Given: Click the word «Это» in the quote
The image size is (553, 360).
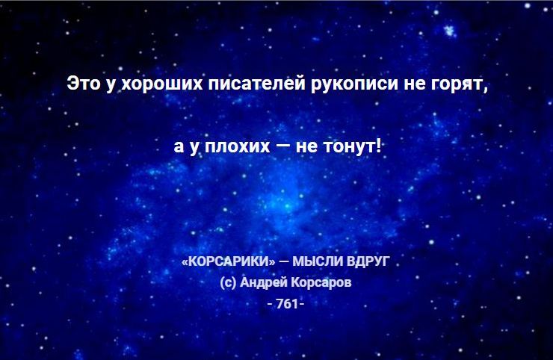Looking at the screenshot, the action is click(x=83, y=83).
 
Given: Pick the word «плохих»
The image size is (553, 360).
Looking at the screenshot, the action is click(x=238, y=146).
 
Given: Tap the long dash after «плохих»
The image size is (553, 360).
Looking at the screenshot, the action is click(x=282, y=146).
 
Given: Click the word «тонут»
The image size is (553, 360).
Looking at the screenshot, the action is click(x=350, y=146).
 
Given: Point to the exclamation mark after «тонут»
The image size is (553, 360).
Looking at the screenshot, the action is click(x=378, y=145).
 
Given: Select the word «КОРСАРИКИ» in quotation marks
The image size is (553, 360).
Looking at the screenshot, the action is click(x=229, y=261).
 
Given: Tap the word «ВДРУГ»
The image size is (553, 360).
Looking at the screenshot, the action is click(x=368, y=261).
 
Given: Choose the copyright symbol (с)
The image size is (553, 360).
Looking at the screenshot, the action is click(x=228, y=282).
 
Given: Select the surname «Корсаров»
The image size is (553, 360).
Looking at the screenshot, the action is click(x=321, y=283).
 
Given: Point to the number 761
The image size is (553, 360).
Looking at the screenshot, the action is click(x=287, y=303).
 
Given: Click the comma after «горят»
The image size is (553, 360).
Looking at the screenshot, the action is click(x=486, y=89).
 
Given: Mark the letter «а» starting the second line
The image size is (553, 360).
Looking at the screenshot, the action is click(x=179, y=146).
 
